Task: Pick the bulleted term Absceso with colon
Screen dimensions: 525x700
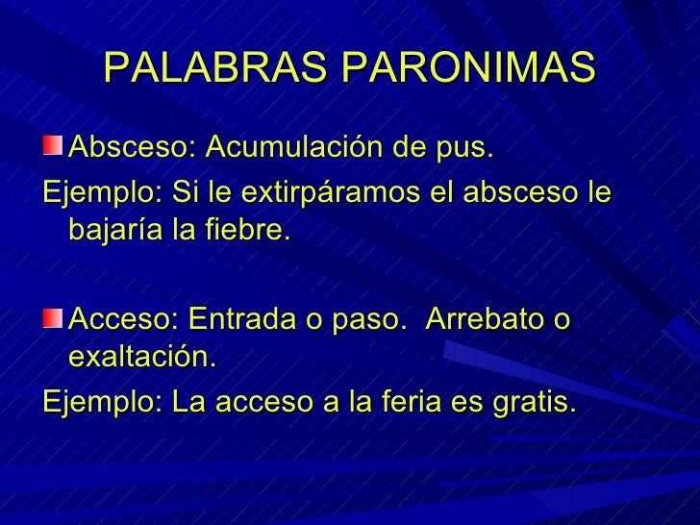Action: click(x=134, y=150)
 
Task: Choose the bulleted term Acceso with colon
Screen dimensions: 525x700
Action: click(x=126, y=317)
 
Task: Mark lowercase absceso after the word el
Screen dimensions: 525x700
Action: click(x=517, y=191)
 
